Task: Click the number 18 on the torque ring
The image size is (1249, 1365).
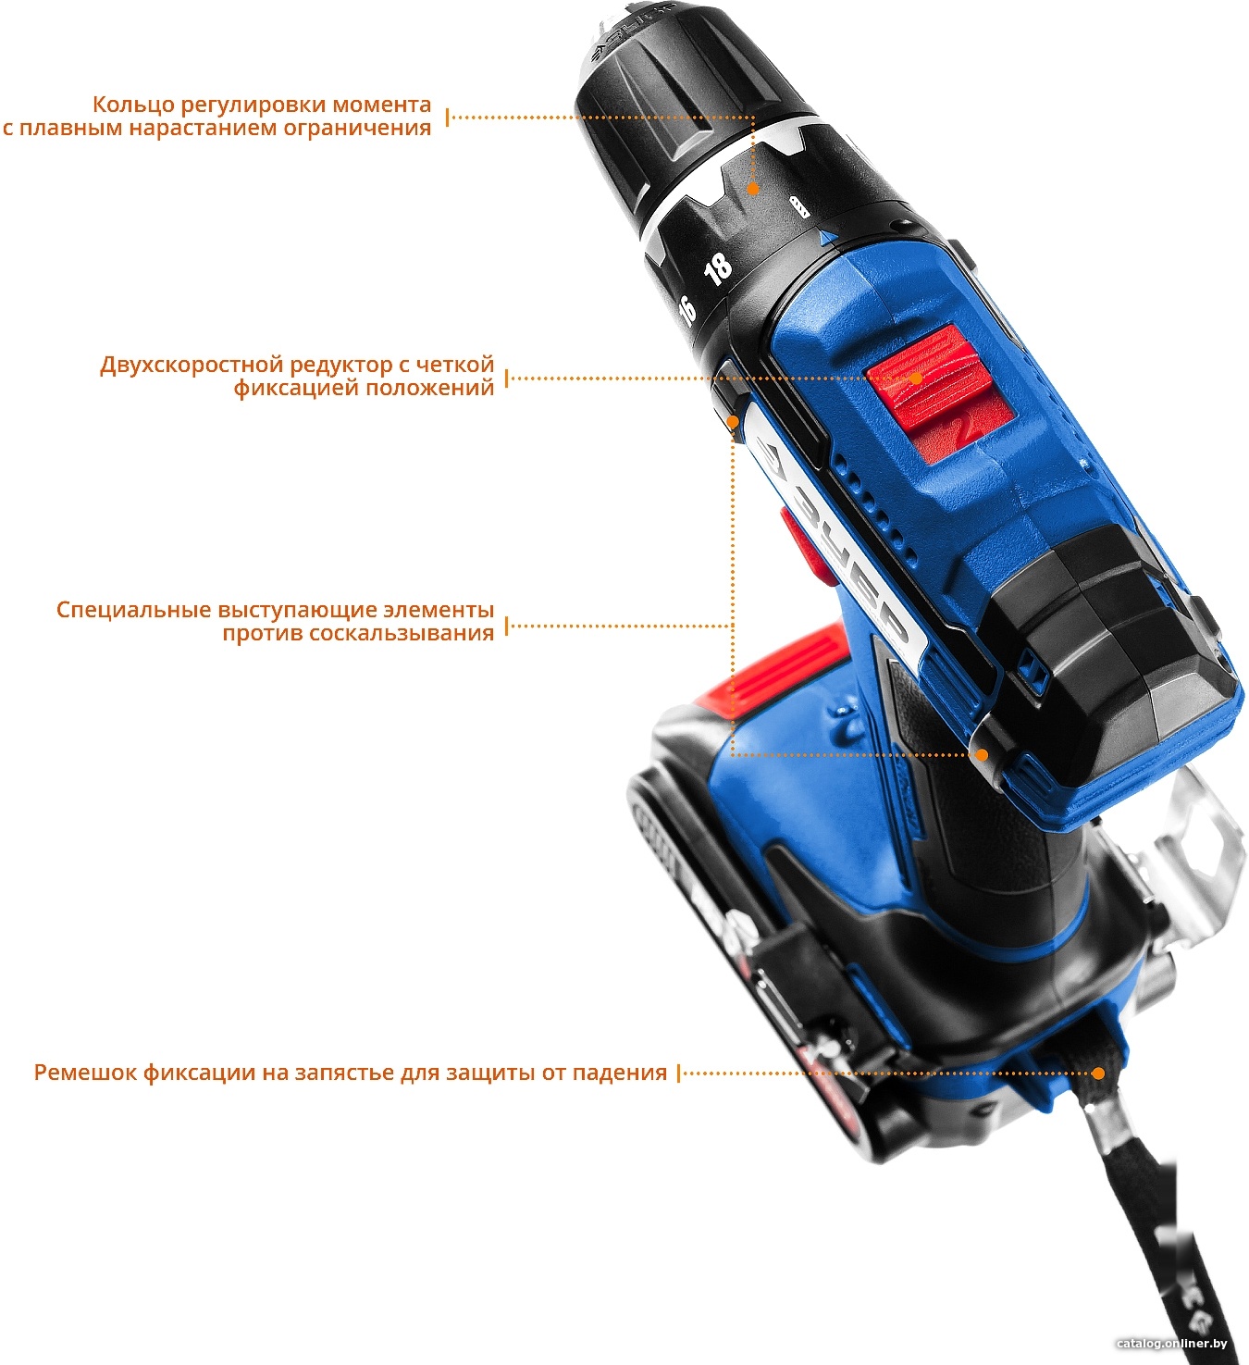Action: pyautogui.click(x=718, y=268)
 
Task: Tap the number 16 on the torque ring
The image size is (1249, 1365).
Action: pyautogui.click(x=687, y=310)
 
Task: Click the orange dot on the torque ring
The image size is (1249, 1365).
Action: pyautogui.click(x=752, y=189)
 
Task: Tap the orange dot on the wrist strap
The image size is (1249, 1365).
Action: pyautogui.click(x=1098, y=1073)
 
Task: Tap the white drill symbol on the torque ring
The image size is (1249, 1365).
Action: pyautogui.click(x=798, y=206)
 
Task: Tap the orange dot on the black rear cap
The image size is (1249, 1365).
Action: pyautogui.click(x=982, y=754)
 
